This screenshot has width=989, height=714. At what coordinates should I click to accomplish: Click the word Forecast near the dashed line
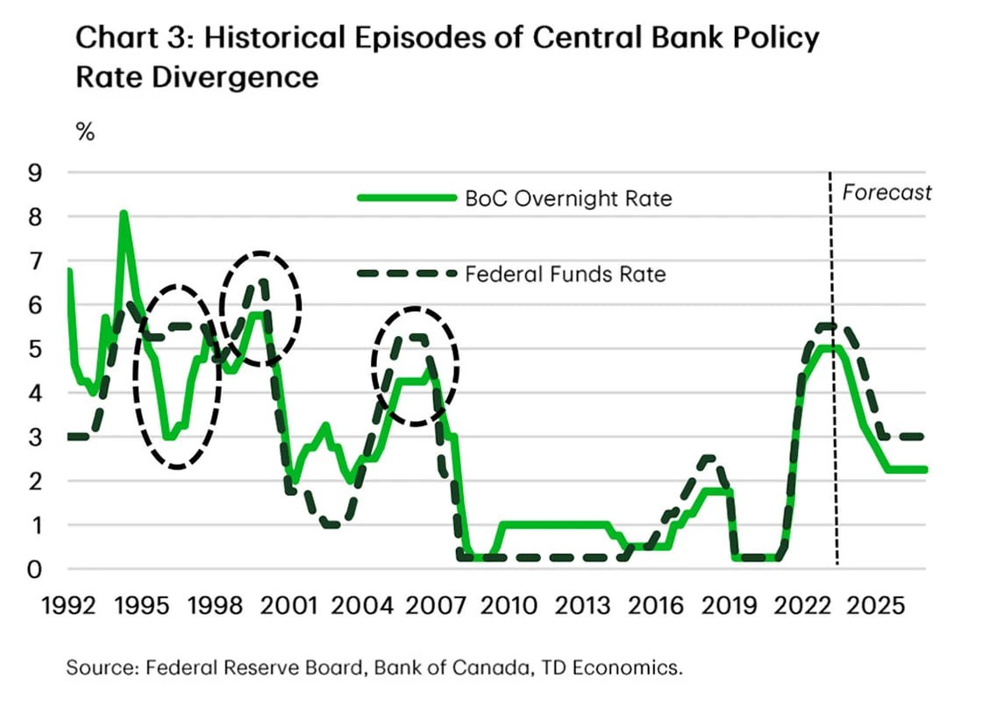[886, 193]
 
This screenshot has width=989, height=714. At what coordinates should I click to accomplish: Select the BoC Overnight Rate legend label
[568, 199]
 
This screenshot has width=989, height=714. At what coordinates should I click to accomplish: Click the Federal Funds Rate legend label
[566, 275]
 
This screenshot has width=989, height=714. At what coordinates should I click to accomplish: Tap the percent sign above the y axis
[85, 133]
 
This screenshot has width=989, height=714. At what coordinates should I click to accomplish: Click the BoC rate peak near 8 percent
[124, 213]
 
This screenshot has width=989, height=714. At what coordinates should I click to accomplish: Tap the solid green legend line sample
[407, 198]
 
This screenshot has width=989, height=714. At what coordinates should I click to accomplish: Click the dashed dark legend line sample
[407, 275]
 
